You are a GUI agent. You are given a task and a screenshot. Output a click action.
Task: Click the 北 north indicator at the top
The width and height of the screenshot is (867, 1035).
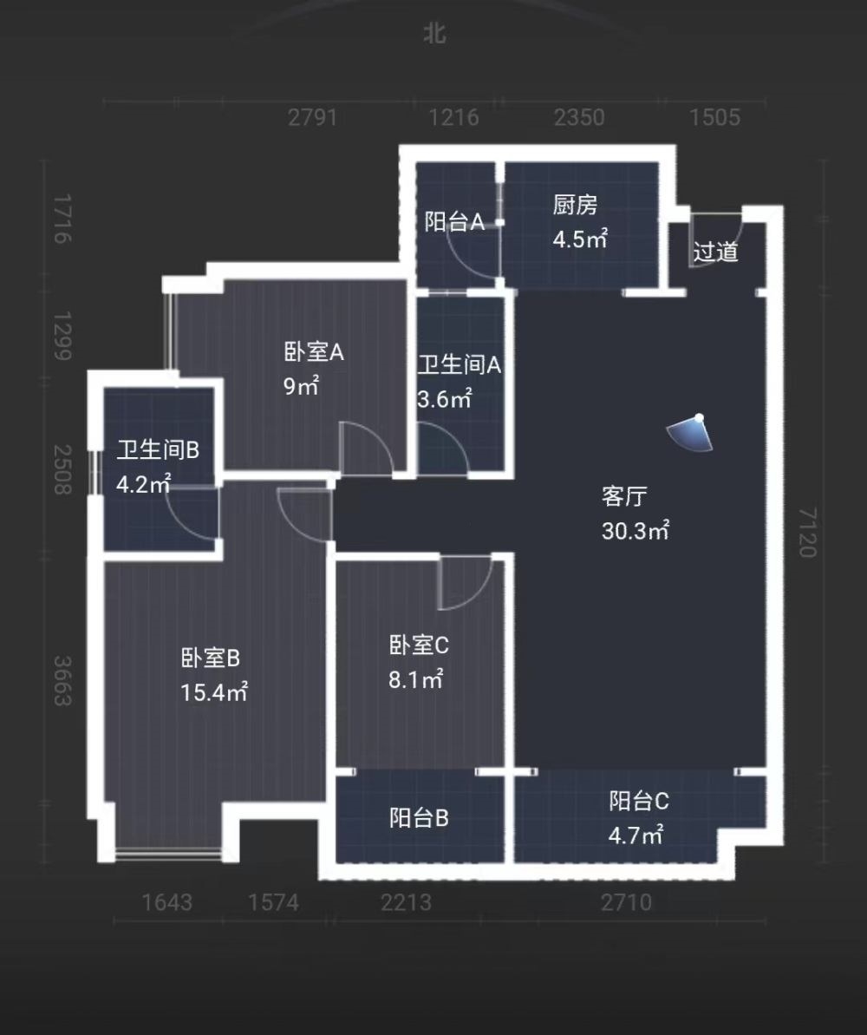pos(434,34)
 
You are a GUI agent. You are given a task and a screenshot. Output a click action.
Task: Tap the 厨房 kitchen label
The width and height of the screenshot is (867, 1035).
pos(575,206)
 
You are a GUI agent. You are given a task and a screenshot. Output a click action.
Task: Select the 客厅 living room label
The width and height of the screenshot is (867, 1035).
pos(625,497)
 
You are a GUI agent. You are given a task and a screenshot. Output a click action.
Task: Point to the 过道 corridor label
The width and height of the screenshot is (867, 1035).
pos(716,252)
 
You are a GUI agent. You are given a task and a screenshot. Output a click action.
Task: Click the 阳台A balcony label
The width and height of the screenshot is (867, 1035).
pos(454,222)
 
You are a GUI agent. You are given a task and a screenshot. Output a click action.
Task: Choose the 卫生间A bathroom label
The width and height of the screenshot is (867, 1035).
pos(460,365)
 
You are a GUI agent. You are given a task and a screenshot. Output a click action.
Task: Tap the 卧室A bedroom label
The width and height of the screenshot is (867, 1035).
pos(314,352)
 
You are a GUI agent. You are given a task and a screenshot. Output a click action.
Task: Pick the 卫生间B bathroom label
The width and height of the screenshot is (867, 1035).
pos(159,449)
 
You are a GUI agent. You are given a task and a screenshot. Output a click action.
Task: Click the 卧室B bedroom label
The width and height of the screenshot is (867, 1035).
pos(211,658)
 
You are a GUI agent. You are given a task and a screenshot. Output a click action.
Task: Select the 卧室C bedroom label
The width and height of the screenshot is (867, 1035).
pos(419,645)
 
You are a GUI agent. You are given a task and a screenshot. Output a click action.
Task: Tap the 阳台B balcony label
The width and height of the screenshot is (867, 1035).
pos(419,817)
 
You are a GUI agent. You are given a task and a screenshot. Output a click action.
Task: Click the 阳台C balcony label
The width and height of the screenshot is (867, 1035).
pos(639,802)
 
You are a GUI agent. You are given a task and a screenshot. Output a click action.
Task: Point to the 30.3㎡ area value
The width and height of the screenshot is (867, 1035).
pos(636,531)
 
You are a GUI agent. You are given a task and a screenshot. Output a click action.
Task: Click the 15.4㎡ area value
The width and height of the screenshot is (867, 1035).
pos(215,692)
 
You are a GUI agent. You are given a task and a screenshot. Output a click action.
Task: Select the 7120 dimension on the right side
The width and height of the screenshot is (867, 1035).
pos(807,534)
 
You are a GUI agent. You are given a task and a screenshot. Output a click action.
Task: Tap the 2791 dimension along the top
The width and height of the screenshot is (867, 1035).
pos(312,117)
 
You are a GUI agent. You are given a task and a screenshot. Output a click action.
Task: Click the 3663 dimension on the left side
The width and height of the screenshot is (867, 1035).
pos(61,680)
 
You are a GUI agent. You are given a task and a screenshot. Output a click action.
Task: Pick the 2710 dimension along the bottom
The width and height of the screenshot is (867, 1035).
pos(627,903)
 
